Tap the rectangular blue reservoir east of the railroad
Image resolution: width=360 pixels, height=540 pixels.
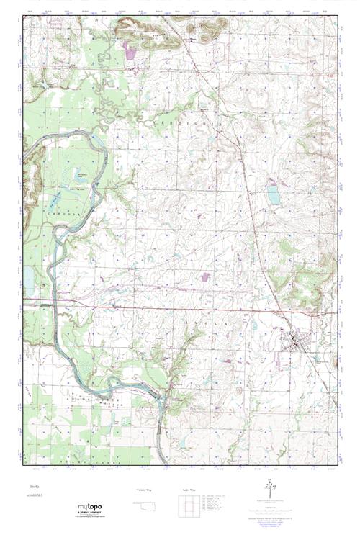pos(273,195)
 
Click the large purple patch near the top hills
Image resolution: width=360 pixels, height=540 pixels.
pos(130,51)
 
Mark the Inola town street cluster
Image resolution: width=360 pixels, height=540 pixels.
pos(297,338)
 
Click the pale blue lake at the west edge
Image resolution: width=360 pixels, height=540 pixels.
pos(28,277)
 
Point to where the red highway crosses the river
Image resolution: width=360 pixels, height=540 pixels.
pos(50,300)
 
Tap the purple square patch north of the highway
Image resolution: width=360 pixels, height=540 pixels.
pos(206,276)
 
